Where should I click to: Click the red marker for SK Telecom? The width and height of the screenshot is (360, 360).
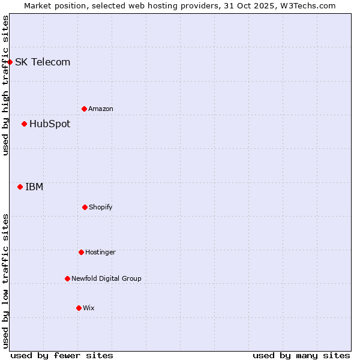tap(10, 62)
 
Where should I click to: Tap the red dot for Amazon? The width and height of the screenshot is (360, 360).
tap(84, 109)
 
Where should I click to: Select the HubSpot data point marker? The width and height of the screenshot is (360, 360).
tap(24, 124)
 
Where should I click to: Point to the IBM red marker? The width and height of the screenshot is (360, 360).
tap(20, 187)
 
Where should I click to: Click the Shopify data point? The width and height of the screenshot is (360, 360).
tap(85, 207)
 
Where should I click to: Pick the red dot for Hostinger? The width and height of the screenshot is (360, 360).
tap(81, 252)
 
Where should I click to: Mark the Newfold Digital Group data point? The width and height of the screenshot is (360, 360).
tap(67, 278)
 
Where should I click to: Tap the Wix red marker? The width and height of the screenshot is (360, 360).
tap(79, 308)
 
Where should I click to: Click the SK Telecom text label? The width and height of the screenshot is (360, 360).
tap(43, 62)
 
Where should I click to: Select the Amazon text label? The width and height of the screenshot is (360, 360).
tap(101, 109)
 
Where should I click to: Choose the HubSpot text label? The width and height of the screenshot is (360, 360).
tap(50, 124)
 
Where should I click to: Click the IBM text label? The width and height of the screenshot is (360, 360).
tap(34, 187)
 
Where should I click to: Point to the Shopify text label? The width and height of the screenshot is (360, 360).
tap(101, 207)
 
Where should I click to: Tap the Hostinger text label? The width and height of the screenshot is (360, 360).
tap(100, 252)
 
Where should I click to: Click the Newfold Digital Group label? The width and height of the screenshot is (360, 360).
tap(106, 278)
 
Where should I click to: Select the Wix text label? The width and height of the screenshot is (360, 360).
tap(89, 308)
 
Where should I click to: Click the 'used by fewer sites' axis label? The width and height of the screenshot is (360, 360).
tap(62, 355)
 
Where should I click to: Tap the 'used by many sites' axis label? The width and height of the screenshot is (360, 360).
tap(301, 355)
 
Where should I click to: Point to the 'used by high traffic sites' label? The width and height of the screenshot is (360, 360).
tap(5, 85)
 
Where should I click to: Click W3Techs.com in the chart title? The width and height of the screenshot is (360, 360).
tap(307, 5)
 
